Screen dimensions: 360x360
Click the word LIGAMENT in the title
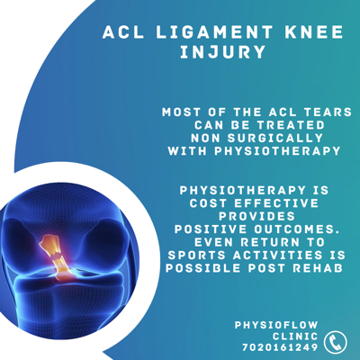(x=214, y=32)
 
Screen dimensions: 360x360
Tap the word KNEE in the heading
(x=314, y=32)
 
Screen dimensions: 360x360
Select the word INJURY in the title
(x=223, y=52)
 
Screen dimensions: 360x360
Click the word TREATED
(x=291, y=125)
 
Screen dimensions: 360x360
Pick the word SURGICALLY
(x=275, y=138)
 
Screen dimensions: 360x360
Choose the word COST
(x=209, y=203)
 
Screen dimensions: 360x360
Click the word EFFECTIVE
(x=276, y=203)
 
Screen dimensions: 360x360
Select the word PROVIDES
(x=257, y=216)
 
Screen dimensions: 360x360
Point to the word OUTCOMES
(x=299, y=229)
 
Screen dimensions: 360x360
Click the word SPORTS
(x=197, y=256)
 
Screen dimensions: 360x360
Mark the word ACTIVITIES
(x=278, y=256)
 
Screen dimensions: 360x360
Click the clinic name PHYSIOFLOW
(x=276, y=325)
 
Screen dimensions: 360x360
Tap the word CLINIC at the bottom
(x=295, y=337)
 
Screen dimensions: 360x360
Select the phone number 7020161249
(x=280, y=347)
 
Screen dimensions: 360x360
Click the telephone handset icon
(x=336, y=342)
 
